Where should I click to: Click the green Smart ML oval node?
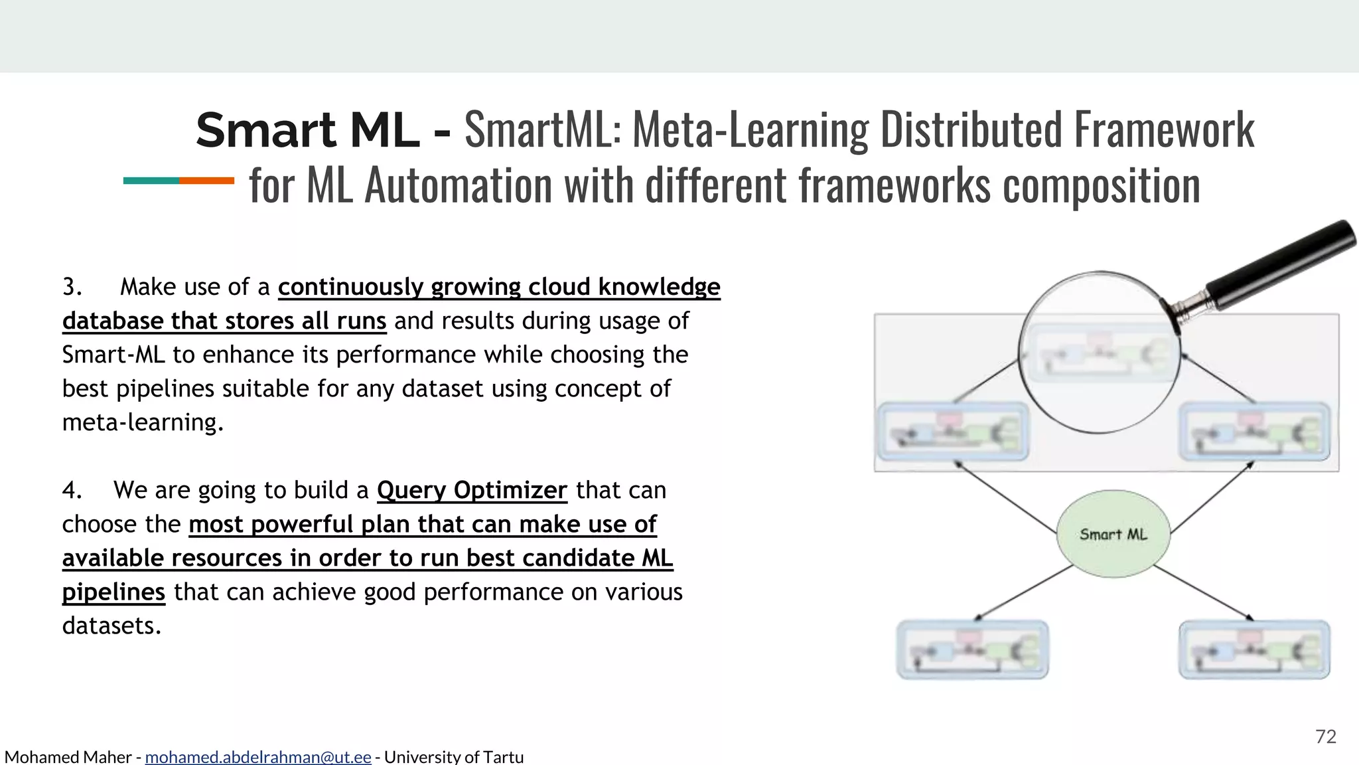point(1113,534)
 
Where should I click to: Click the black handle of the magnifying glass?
point(1281,266)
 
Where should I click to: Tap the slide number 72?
point(1325,736)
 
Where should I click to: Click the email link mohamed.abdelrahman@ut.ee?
point(257,757)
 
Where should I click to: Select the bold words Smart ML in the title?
point(307,130)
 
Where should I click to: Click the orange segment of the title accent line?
point(206,181)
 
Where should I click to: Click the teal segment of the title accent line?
point(151,181)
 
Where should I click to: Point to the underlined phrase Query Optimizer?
point(472,490)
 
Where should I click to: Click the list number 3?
point(72,287)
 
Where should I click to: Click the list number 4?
point(72,490)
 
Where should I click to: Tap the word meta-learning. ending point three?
point(143,422)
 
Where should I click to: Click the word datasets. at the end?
point(111,626)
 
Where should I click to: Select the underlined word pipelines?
point(113,592)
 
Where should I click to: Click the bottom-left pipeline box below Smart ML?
point(972,649)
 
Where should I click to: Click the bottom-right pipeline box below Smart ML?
point(1254,649)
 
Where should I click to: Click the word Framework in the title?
point(1164,130)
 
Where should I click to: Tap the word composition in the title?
point(1101,186)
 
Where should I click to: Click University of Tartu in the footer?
point(454,757)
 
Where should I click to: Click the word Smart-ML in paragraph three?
point(113,355)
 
